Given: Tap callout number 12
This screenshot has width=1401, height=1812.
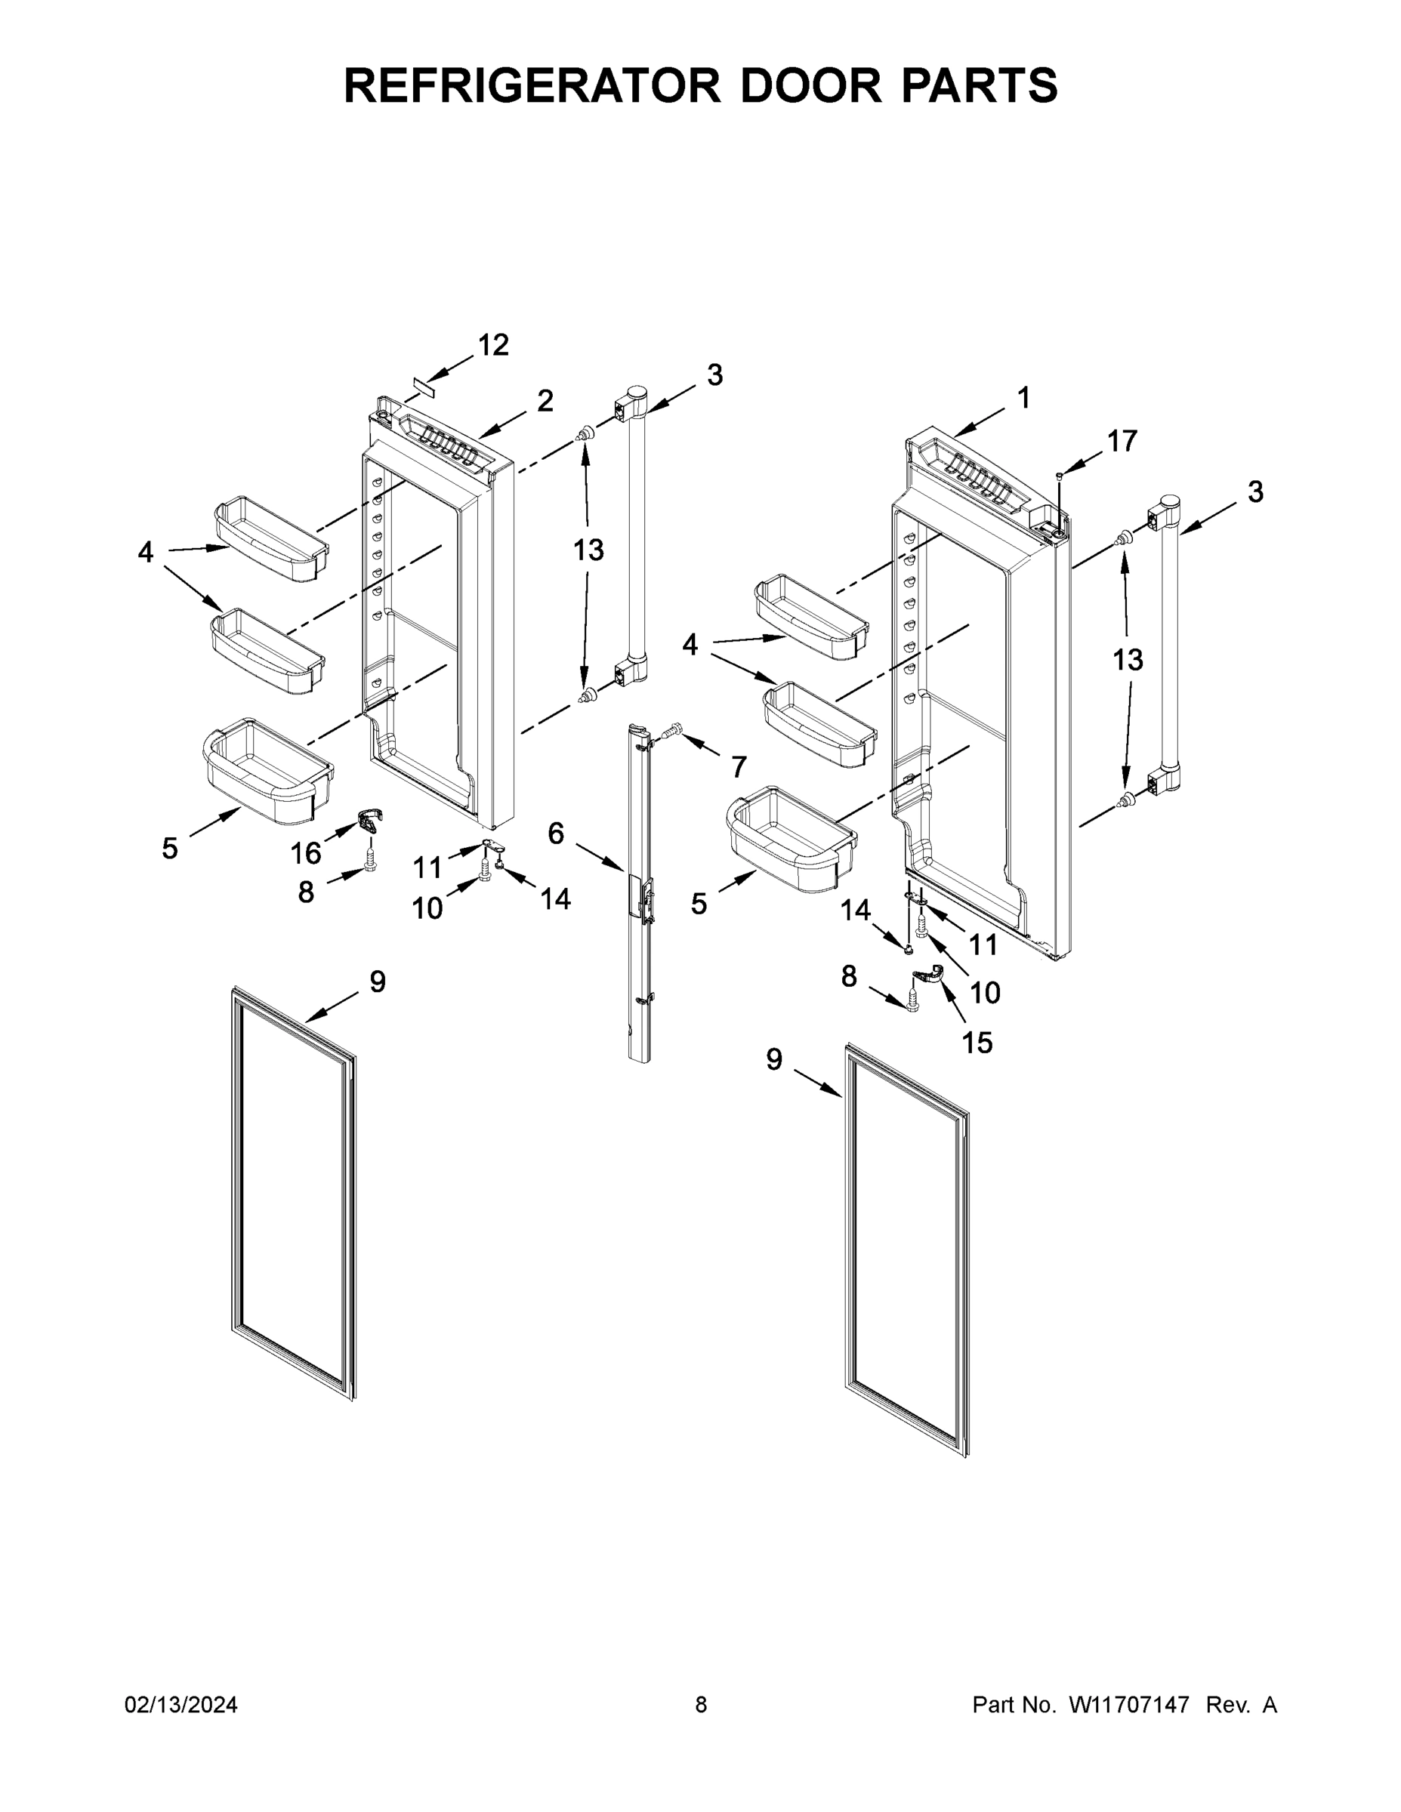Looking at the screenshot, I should (x=493, y=345).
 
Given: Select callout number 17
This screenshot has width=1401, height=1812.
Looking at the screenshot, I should (x=1122, y=442).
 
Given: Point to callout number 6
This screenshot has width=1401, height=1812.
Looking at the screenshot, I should (x=556, y=833).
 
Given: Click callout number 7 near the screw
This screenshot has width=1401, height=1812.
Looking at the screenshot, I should (x=739, y=766).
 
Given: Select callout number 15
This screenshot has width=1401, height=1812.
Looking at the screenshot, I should (x=977, y=1042).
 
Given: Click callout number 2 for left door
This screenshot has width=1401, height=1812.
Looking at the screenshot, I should (x=545, y=401).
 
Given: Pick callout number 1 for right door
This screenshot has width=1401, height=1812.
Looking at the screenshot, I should (x=1023, y=397).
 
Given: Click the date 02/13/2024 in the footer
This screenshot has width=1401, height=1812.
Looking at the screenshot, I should (x=181, y=1705).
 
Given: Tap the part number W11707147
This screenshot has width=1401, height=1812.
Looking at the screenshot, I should (x=1129, y=1705).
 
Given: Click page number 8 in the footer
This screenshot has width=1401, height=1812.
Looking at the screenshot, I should (x=701, y=1705).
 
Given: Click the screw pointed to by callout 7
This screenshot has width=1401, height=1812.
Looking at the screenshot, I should (x=671, y=730).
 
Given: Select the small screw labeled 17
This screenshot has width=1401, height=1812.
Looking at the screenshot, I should (x=1059, y=475).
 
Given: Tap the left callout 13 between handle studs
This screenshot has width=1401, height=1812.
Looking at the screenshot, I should (x=588, y=550).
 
